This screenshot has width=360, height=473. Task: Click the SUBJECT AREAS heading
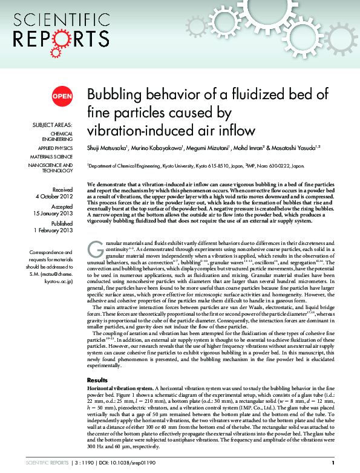[53, 125]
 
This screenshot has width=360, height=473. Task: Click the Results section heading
[97, 380]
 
